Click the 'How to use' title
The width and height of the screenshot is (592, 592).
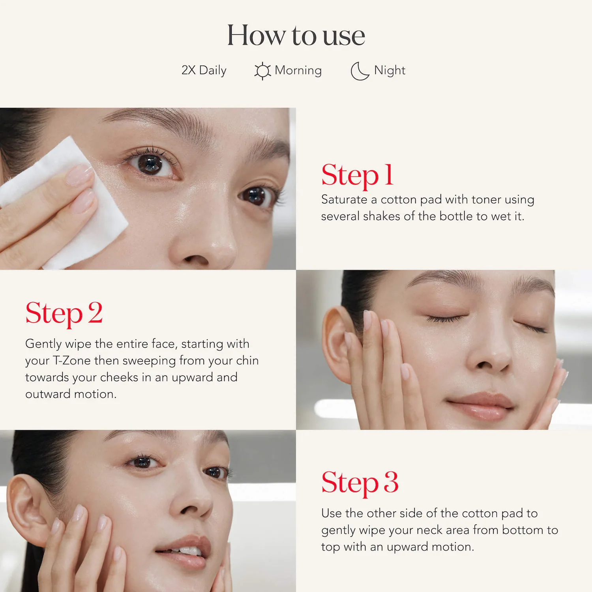pos(296,35)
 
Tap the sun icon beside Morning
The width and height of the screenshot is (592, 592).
pos(262,71)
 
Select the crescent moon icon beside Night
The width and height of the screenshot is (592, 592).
pos(360,71)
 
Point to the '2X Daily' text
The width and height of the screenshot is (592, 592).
pos(204,70)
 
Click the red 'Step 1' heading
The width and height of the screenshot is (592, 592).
pos(358,175)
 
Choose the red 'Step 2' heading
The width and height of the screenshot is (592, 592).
pos(64,313)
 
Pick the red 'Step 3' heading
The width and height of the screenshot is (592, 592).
pos(360,482)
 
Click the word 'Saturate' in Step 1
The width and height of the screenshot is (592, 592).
pos(344,200)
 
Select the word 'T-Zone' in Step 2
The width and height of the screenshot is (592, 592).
pos(72,361)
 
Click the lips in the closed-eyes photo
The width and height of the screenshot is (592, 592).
pos(481,407)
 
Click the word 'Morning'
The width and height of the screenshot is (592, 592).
pos(298,71)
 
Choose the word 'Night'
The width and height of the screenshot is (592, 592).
pos(390,70)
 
